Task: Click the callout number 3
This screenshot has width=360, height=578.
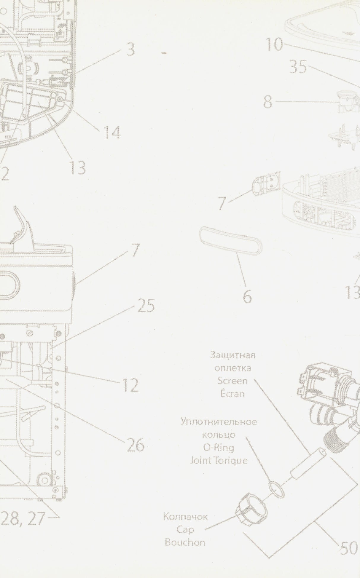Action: [130, 50]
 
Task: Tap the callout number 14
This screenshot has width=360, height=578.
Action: [111, 132]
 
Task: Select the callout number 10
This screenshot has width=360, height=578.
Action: [274, 45]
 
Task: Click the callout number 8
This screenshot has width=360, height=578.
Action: [267, 102]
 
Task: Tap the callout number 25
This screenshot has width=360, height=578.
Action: [146, 306]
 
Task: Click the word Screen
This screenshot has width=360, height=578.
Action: [232, 381]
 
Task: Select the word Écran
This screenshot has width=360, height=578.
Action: [233, 394]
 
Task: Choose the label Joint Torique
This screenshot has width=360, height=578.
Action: [218, 461]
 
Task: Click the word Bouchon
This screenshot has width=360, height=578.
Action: [185, 542]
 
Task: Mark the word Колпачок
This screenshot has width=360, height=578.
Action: [185, 517]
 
